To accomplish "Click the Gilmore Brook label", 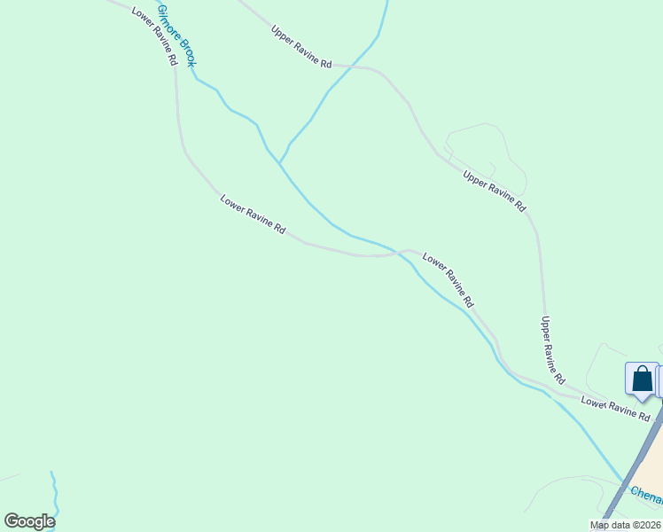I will (176, 35).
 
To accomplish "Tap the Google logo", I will (29, 521).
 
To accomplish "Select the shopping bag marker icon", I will (642, 379).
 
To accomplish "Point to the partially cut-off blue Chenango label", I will (646, 496).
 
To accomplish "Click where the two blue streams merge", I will (279, 163).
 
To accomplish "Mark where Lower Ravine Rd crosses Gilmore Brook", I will (400, 254).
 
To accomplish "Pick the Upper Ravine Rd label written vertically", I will (553, 349).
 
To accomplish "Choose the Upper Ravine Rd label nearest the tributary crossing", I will (301, 47).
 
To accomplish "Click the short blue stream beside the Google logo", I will (54, 492).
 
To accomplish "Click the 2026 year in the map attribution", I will (648, 525).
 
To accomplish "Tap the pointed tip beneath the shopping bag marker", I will (642, 400).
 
